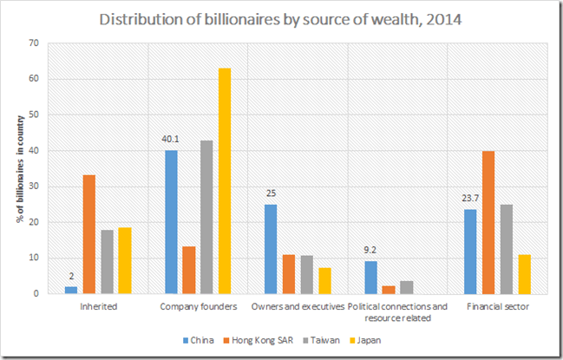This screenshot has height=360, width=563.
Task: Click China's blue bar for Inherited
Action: pos(71,290)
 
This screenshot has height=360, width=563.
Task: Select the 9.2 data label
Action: pos(370,252)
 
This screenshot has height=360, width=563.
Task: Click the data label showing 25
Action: pos(272,193)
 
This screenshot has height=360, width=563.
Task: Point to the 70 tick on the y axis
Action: pos(35,43)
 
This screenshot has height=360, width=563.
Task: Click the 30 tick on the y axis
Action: pos(35,187)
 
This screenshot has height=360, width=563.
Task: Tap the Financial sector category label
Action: pos(498,305)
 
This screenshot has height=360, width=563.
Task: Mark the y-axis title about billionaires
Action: pos(18,169)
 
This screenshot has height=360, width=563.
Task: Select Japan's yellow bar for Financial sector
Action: pos(525,274)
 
